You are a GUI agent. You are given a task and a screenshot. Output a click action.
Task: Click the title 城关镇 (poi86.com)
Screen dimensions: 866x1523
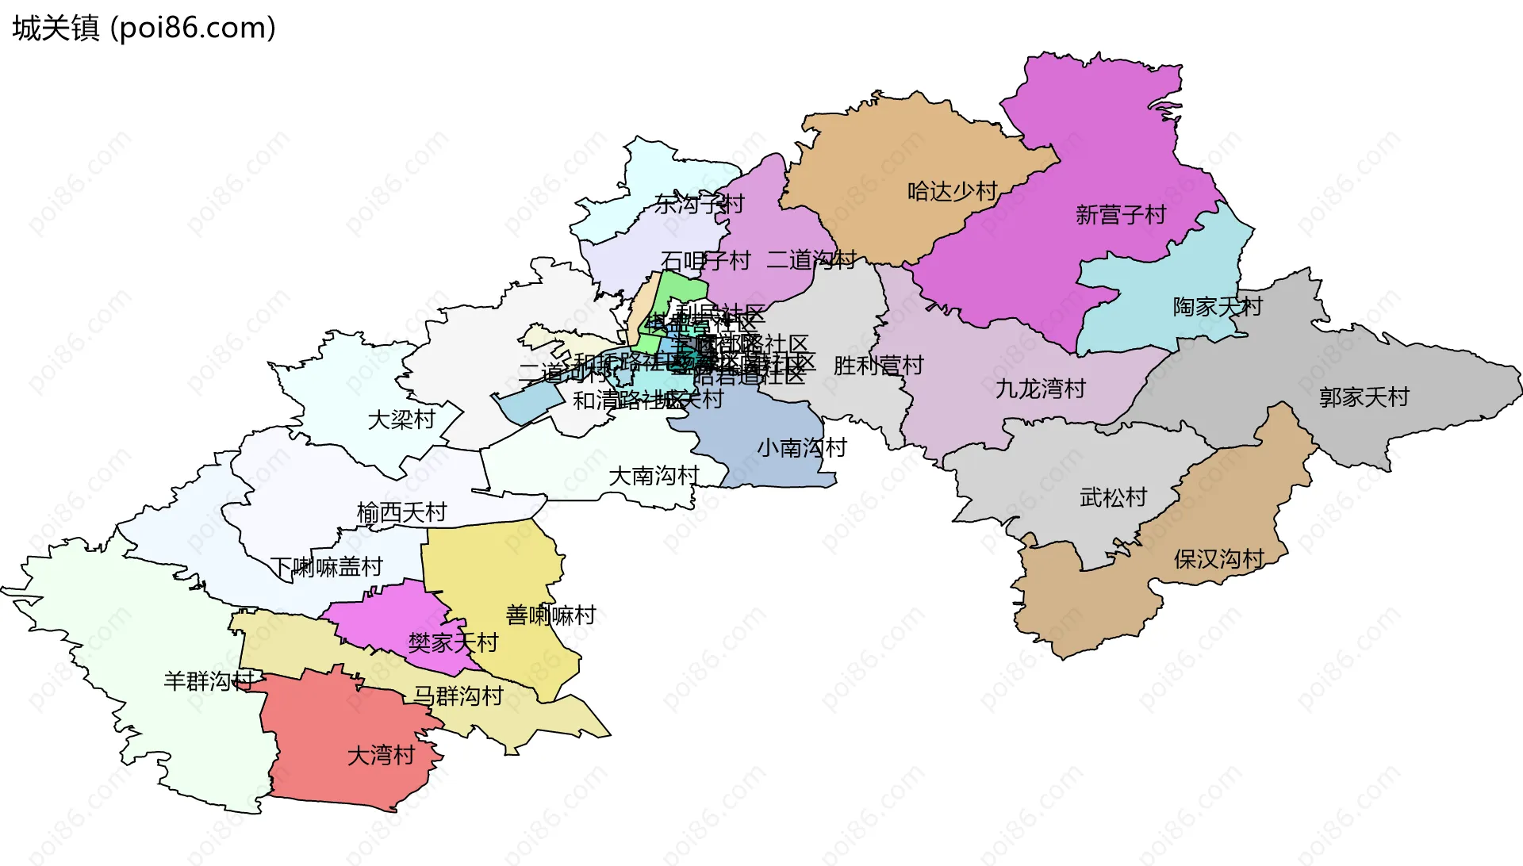(144, 28)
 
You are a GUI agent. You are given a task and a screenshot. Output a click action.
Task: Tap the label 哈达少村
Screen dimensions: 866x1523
(952, 191)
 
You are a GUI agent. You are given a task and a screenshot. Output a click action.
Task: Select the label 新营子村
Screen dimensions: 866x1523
(1120, 215)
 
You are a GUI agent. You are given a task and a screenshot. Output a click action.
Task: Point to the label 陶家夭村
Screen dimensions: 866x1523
(1217, 307)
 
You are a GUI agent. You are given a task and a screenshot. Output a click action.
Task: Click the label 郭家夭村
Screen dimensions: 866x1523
(1364, 397)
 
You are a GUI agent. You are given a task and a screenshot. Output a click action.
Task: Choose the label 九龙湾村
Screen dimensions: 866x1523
(1040, 389)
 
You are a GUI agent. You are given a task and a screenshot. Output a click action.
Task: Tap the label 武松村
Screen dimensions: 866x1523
(1113, 498)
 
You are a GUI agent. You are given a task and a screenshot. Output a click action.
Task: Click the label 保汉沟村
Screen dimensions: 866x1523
(1218, 559)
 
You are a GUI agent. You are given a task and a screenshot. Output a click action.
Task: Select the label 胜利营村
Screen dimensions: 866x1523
(878, 366)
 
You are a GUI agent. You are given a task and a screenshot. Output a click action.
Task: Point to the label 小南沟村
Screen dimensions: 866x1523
(801, 448)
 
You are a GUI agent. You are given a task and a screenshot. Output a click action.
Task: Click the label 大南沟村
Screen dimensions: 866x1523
(654, 476)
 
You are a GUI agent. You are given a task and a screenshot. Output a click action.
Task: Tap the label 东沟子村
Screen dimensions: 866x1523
(699, 205)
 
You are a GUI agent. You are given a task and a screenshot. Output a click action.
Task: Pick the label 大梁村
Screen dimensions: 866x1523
(401, 420)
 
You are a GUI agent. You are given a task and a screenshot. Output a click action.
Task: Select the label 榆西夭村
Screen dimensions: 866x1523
(401, 513)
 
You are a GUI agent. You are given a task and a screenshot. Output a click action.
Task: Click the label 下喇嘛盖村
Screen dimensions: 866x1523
(326, 567)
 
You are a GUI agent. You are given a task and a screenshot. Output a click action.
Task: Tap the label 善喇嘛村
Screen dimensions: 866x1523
(551, 615)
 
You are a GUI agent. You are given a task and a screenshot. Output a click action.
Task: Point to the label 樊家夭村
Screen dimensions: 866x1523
(453, 642)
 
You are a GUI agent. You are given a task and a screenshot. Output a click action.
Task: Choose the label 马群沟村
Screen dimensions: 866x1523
(458, 696)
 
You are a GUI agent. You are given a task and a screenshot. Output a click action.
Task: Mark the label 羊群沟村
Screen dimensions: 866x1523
(209, 680)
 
